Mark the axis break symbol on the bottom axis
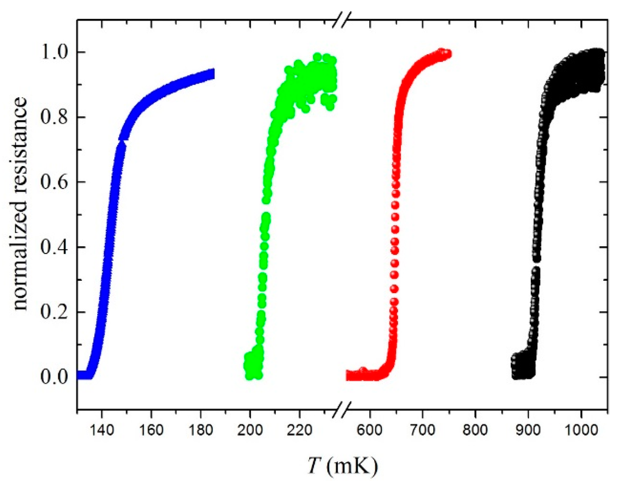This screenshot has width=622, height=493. tap(341, 409)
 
